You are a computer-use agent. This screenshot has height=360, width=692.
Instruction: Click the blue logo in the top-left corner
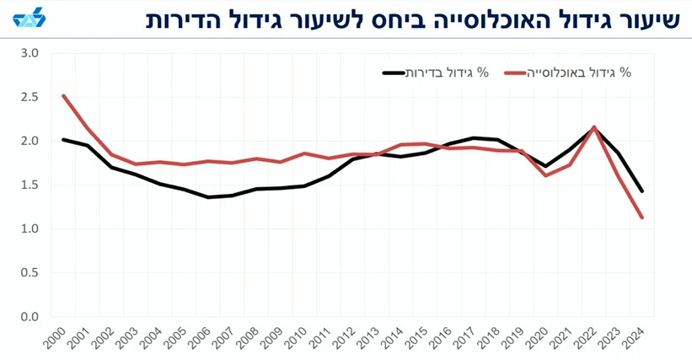point(25,19)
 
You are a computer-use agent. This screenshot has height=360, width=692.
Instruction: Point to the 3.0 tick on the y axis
point(30,53)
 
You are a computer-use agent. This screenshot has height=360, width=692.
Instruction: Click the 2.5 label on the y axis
point(30,97)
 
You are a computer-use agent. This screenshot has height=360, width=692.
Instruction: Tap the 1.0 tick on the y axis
point(30,228)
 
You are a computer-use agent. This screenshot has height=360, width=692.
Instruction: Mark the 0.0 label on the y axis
point(30,317)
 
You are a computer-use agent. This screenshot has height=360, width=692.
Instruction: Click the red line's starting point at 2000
point(64,96)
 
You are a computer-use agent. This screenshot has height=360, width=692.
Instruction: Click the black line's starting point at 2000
point(64,139)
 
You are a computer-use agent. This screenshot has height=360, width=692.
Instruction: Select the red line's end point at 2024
point(643,218)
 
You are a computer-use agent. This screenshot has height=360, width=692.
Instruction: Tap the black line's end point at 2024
point(643,191)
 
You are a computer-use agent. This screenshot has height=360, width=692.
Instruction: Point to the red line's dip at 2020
point(546,175)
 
